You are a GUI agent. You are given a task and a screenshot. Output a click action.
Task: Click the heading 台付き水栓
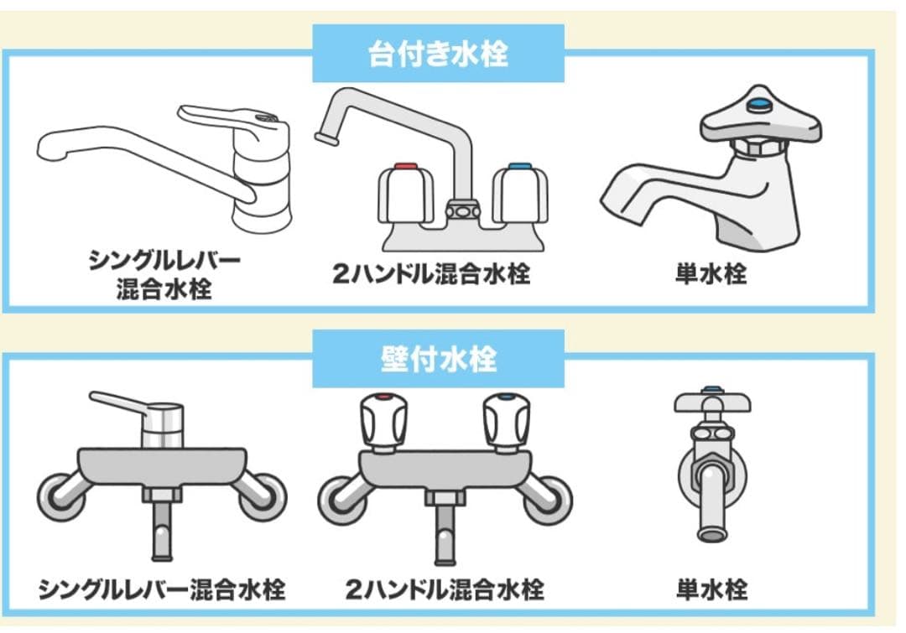point(438,54)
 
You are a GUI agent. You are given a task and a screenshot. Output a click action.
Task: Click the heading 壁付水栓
point(438,359)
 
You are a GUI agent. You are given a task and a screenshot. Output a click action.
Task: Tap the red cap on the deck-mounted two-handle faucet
point(406,168)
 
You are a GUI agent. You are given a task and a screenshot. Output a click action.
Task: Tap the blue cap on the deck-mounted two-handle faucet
point(520,168)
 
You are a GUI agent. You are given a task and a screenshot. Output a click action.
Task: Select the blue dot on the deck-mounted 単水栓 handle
point(758,105)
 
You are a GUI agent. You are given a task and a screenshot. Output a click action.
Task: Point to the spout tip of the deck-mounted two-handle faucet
point(325,138)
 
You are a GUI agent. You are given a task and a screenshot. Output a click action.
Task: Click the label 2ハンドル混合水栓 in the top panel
point(431,273)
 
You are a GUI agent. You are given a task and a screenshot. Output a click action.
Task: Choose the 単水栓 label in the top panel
point(711,273)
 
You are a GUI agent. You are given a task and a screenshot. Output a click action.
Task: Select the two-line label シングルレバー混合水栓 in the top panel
point(164,274)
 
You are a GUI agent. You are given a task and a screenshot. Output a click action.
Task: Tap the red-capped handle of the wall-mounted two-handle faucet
point(383,422)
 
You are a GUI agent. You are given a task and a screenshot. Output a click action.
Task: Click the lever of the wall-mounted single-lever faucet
point(122,402)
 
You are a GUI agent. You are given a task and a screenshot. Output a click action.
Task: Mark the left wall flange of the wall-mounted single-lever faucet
point(60,496)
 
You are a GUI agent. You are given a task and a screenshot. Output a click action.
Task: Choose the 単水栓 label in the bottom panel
point(712,589)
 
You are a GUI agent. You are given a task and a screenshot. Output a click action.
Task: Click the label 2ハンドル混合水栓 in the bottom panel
point(445,589)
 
